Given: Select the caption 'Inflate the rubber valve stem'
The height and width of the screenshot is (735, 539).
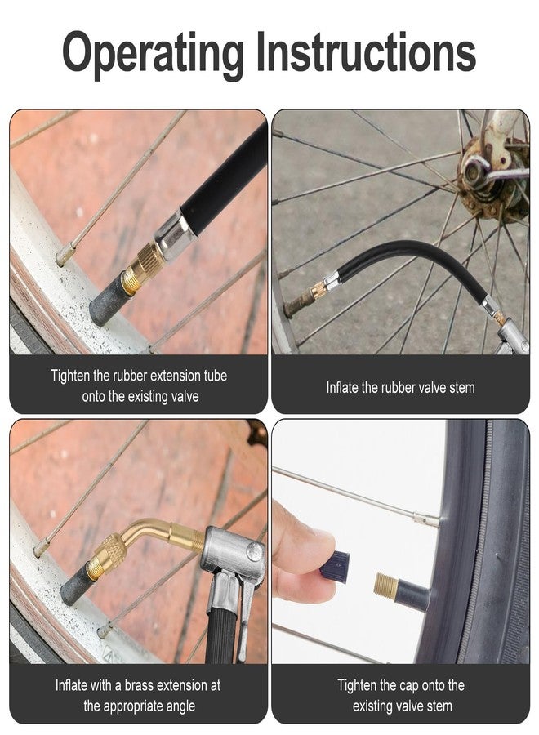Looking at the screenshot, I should (400, 387).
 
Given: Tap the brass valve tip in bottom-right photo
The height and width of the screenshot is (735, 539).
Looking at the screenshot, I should (387, 584).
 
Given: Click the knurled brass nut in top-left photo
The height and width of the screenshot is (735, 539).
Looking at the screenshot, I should (148, 262).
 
